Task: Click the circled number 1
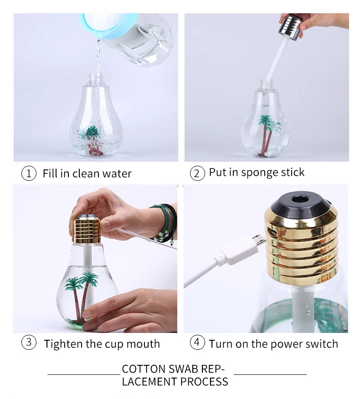(x=29, y=173)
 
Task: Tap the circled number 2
(x=197, y=173)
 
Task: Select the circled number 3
(x=29, y=343)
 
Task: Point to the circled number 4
(x=197, y=343)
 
